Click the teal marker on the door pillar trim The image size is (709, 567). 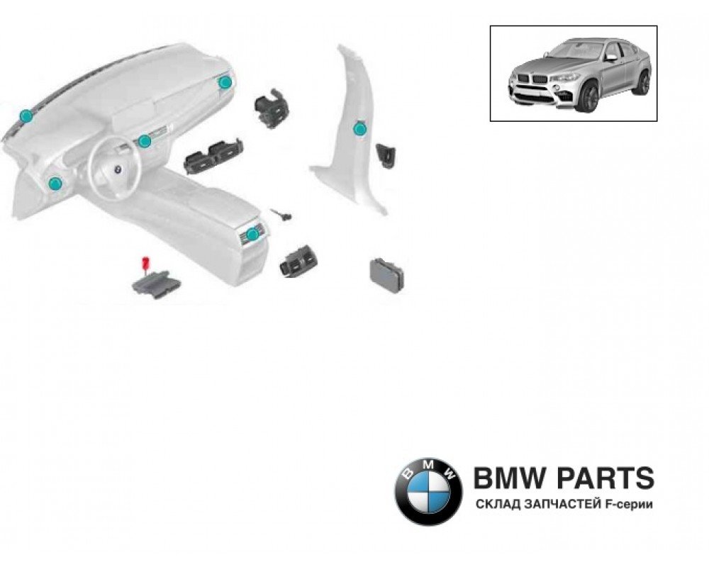point(359,128)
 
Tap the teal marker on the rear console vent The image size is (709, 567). point(252,233)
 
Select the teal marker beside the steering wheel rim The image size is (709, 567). point(145,141)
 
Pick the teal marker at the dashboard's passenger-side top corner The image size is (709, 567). point(225,82)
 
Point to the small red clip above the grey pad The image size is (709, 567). point(147,263)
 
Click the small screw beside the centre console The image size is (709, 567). point(282,213)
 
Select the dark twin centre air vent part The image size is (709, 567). point(213,155)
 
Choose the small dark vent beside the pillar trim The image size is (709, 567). point(389,154)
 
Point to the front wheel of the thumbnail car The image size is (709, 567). point(588,98)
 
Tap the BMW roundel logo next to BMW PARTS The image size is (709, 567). point(428,490)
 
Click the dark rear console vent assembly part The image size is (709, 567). point(298,262)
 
